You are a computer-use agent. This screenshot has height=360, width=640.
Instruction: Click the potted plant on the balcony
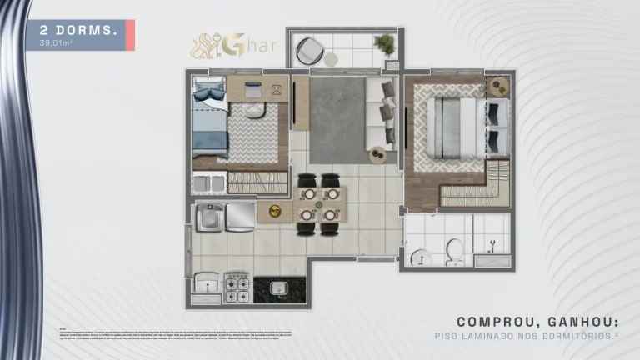[x=385, y=45]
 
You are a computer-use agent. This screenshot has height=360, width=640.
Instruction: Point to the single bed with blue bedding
[x=208, y=122]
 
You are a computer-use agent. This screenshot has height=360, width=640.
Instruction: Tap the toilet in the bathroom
[x=455, y=249]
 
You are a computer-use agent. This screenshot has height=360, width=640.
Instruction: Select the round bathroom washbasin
[x=420, y=256]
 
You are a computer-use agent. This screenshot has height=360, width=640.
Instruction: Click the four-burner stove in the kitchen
[x=237, y=287]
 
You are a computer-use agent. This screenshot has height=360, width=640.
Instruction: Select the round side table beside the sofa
[x=378, y=155]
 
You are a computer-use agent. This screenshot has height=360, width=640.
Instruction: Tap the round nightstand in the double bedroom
[x=499, y=84]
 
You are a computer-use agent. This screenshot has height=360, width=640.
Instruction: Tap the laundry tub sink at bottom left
[x=204, y=287]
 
